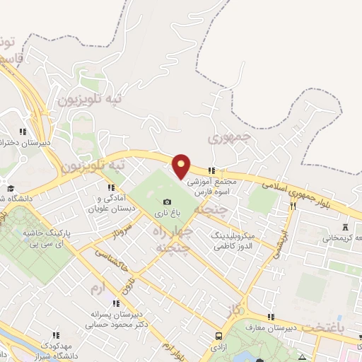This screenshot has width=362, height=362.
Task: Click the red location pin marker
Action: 182,165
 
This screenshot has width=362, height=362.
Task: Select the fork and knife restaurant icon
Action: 293,206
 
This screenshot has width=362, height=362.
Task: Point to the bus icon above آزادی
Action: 219,337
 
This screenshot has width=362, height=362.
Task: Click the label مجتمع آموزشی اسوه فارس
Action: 214,187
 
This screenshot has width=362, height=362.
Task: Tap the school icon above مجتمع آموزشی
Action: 211,170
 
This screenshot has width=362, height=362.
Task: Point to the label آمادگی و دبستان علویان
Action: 113,204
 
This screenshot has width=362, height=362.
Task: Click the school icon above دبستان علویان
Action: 111,187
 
